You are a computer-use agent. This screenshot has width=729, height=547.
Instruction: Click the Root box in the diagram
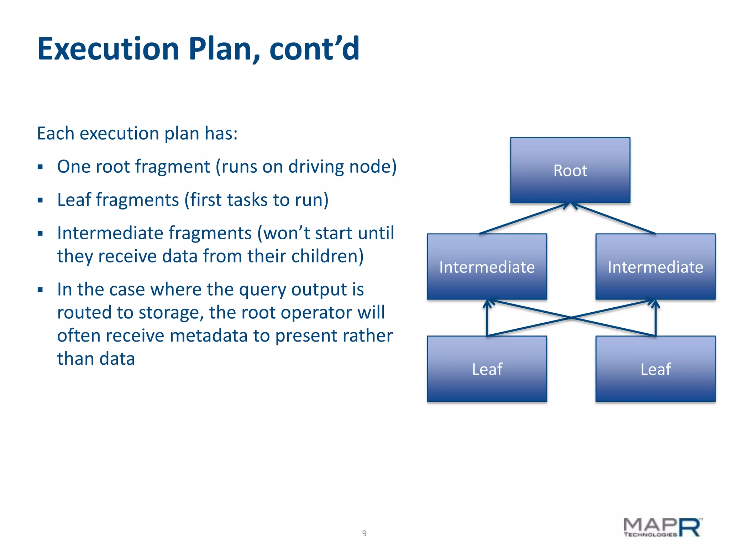pyautogui.click(x=570, y=170)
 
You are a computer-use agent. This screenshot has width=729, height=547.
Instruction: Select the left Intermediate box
pyautogui.click(x=487, y=267)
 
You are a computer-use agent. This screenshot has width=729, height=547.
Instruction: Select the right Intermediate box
pyautogui.click(x=655, y=267)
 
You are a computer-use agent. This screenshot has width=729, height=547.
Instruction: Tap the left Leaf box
pyautogui.click(x=487, y=369)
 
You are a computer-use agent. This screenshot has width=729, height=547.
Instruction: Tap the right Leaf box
pyautogui.click(x=655, y=369)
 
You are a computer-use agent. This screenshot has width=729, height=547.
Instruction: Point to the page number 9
pyautogui.click(x=364, y=533)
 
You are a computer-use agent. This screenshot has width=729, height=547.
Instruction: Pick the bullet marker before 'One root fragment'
pyautogui.click(x=40, y=167)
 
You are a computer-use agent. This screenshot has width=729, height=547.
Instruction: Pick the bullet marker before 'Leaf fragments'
pyautogui.click(x=40, y=200)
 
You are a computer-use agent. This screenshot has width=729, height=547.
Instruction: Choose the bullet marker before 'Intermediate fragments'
pyautogui.click(x=40, y=234)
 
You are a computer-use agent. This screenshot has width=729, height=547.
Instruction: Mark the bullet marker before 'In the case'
pyautogui.click(x=40, y=290)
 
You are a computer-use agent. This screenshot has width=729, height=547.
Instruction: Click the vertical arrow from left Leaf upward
pyautogui.click(x=487, y=319)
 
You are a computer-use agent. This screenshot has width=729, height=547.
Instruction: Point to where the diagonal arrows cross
pyautogui.click(x=571, y=317)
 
